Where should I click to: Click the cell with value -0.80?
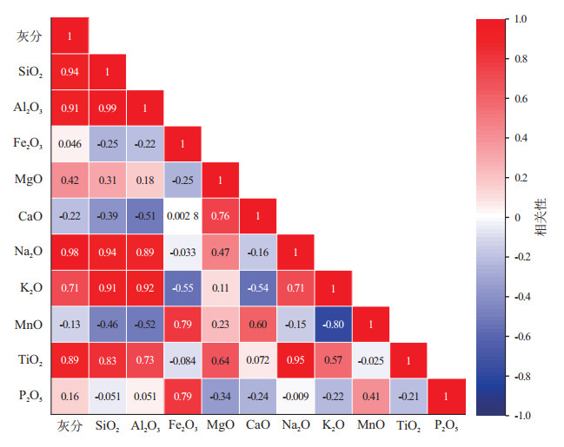tap(333, 324)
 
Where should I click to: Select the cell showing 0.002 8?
tap(182, 216)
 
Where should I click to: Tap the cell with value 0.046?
tap(70, 144)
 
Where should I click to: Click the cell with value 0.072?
tap(258, 360)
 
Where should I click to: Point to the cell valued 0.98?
tap(70, 252)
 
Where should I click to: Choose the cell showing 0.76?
tap(220, 216)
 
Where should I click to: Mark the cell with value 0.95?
tap(295, 360)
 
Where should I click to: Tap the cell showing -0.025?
tap(371, 360)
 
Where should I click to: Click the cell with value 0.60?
tap(258, 324)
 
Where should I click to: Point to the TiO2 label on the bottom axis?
tap(408, 427)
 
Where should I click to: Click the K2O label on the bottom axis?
tap(333, 427)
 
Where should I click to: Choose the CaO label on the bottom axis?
tap(258, 427)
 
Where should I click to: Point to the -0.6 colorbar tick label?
tap(523, 336)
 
